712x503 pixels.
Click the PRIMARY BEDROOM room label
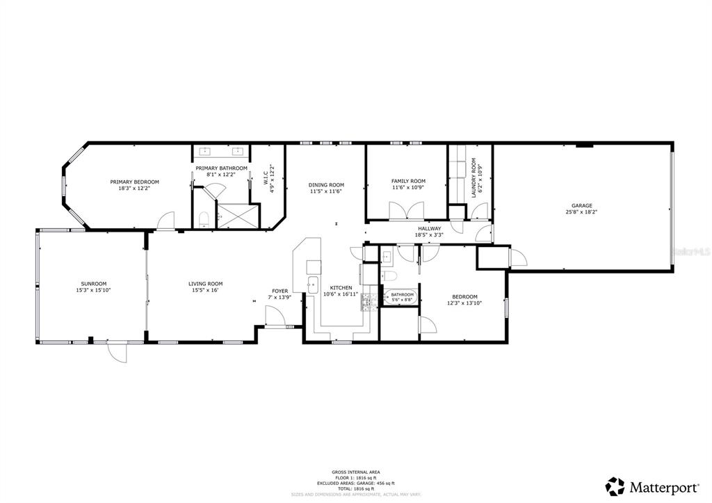[134, 182]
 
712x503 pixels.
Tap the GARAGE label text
[582, 205]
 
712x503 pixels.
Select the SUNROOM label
[94, 283]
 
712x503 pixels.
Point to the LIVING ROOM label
[207, 283]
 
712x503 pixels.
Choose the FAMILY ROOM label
[408, 181]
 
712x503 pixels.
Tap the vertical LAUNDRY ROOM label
[474, 177]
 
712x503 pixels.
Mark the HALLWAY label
[429, 228]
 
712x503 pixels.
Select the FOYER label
[280, 291]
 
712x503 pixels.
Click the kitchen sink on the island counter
[313, 284]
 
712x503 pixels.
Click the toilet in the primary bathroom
[204, 221]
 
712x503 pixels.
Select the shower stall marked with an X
[238, 216]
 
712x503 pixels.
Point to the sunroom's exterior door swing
[118, 353]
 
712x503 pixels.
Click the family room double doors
[407, 211]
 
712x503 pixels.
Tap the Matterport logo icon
[615, 486]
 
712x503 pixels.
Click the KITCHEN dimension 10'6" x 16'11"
[341, 294]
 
